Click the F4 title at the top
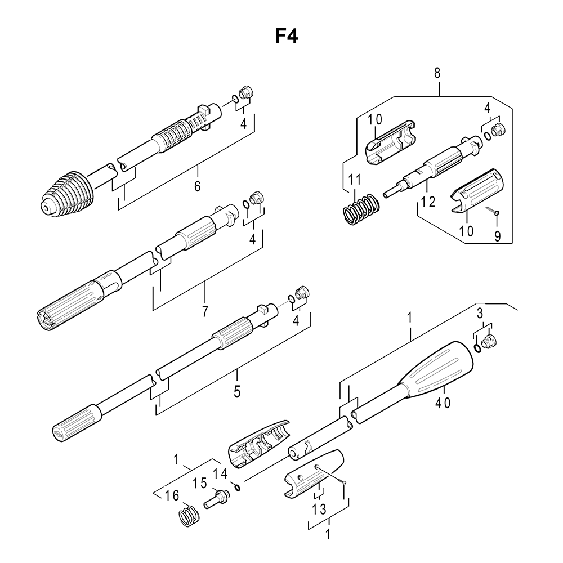pyautogui.click(x=286, y=36)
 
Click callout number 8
pyautogui.click(x=437, y=73)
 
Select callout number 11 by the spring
pyautogui.click(x=354, y=179)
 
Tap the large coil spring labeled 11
pyautogui.click(x=360, y=209)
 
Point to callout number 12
pyautogui.click(x=428, y=202)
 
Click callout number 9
pyautogui.click(x=497, y=236)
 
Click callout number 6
pyautogui.click(x=197, y=186)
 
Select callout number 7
pyautogui.click(x=205, y=311)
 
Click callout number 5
pyautogui.click(x=237, y=392)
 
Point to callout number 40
pyautogui.click(x=443, y=403)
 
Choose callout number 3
pyautogui.click(x=480, y=314)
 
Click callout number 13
pyautogui.click(x=319, y=509)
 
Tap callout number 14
pyautogui.click(x=220, y=474)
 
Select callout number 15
pyautogui.click(x=200, y=483)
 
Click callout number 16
pyautogui.click(x=172, y=496)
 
